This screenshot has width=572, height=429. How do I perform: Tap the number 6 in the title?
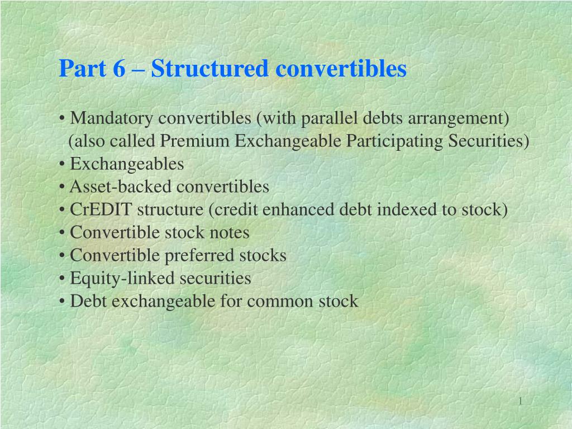coord(120,69)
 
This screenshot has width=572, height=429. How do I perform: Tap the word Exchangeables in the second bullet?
coord(127,164)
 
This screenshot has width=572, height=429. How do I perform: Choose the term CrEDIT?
coord(102,210)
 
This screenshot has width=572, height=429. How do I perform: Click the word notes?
coord(230,233)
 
